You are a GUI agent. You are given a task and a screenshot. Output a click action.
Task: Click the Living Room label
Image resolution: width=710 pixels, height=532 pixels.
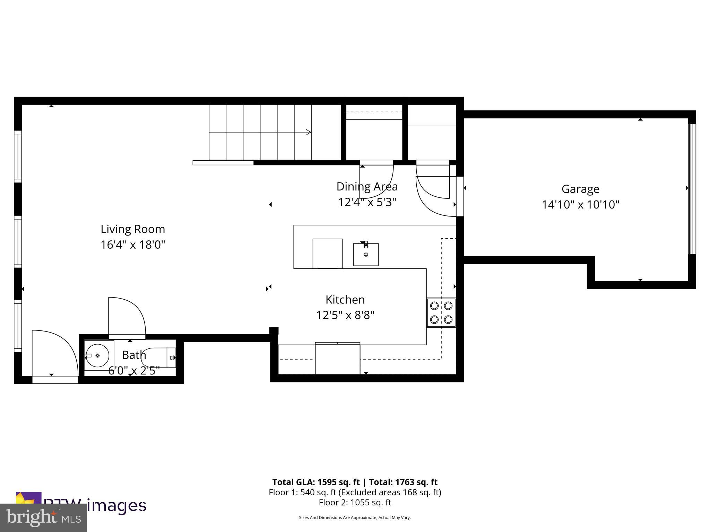click(x=133, y=229)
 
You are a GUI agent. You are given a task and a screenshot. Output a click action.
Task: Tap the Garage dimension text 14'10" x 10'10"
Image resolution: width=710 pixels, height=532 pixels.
click(x=580, y=204)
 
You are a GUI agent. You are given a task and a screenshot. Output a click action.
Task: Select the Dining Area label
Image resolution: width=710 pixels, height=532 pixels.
click(x=367, y=186)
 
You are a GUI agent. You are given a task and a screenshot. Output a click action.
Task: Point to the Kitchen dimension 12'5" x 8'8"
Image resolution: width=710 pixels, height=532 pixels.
click(x=345, y=315)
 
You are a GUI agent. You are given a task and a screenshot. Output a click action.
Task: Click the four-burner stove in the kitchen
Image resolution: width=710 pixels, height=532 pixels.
click(x=441, y=313)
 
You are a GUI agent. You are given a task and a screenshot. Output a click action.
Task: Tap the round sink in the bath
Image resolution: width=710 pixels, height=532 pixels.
click(x=97, y=355)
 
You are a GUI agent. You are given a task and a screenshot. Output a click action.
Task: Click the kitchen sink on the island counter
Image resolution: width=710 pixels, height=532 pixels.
click(x=366, y=254)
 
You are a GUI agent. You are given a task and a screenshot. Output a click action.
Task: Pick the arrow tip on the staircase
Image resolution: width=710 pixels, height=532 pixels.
click(x=308, y=132)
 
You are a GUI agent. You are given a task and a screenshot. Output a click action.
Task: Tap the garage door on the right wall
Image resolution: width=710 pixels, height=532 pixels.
click(x=692, y=189)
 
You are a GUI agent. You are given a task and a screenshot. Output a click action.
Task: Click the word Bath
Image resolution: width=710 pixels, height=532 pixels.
click(x=134, y=355)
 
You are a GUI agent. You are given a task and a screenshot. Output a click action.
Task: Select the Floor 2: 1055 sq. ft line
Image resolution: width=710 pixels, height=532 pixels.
click(x=355, y=502)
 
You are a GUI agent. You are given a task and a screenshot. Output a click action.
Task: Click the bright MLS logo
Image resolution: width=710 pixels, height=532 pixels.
click(x=43, y=518)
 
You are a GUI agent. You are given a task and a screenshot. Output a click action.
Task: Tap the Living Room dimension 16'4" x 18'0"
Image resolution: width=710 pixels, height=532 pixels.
click(x=133, y=245)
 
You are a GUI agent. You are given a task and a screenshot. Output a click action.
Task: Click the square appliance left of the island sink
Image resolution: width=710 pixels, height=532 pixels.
click(x=328, y=253)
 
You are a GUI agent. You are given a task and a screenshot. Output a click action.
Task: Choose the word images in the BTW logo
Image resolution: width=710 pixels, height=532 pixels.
click(x=116, y=506)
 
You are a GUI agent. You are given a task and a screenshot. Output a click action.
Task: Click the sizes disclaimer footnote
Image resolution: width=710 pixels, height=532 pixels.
click(x=355, y=518)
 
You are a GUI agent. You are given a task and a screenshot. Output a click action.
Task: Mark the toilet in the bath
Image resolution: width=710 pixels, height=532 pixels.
click(x=159, y=357)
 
